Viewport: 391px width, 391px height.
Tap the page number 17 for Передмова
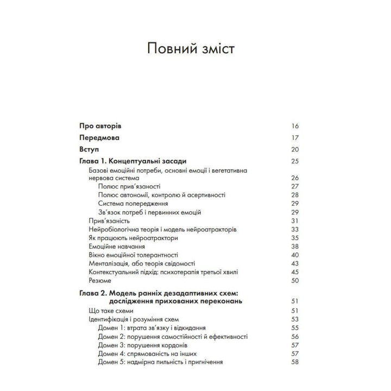click(x=295, y=137)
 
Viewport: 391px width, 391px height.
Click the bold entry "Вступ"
click(x=89, y=149)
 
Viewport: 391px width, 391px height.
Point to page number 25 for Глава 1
click(x=295, y=161)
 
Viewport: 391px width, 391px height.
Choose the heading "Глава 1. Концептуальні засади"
click(x=133, y=161)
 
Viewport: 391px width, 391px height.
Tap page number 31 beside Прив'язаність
click(x=295, y=221)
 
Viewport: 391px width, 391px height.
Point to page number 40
click(x=295, y=255)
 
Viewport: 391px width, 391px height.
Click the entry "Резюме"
click(x=99, y=281)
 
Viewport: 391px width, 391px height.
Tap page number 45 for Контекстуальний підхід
click(x=295, y=272)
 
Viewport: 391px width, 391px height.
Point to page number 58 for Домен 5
click(x=295, y=362)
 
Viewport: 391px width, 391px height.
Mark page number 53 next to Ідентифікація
click(x=295, y=319)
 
